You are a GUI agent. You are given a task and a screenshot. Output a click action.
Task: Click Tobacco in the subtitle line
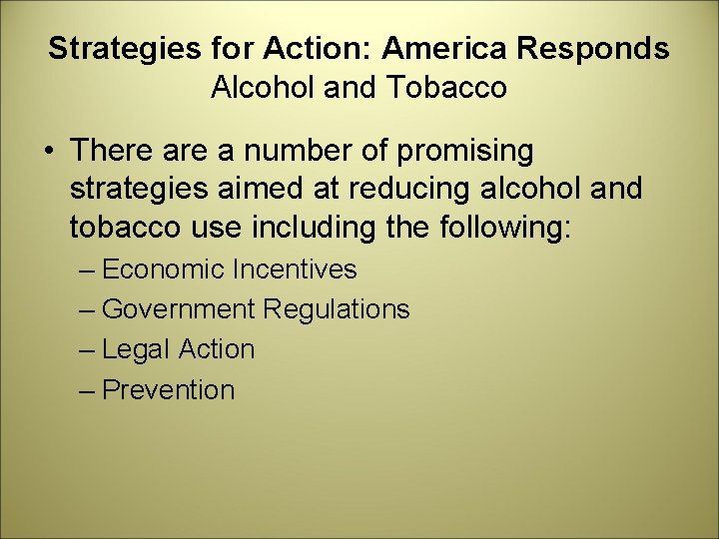[453, 88]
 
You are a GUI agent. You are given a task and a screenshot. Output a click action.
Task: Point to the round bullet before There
[48, 152]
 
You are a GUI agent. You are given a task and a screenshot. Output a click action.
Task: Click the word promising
[465, 152]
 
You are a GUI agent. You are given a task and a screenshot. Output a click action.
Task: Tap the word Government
[179, 309]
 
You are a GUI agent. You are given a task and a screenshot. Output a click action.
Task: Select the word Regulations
[337, 309]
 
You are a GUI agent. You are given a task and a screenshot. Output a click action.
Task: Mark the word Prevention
[168, 390]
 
